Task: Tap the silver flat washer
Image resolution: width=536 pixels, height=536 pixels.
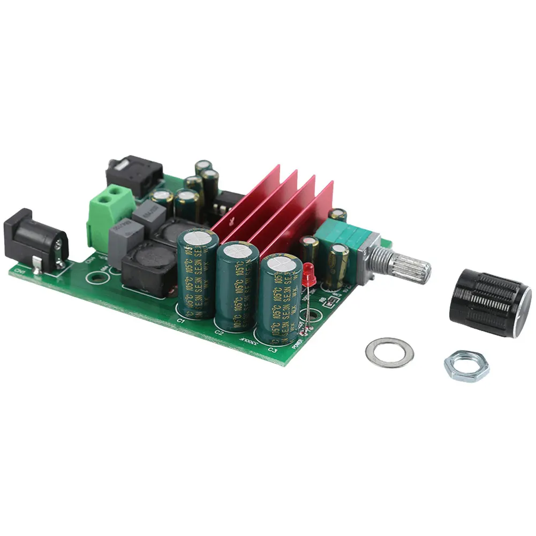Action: (389, 352)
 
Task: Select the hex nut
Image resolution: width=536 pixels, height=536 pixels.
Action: (466, 366)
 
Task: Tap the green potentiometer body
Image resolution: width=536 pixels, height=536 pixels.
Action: (343, 235)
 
